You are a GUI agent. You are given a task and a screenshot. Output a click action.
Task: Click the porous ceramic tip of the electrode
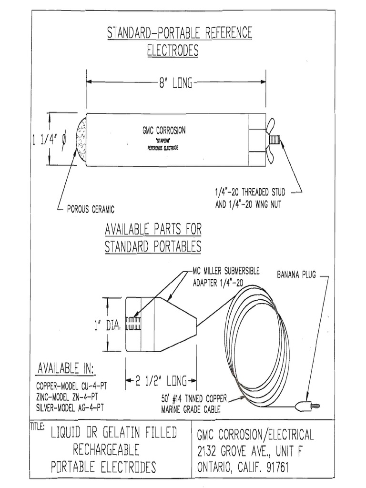click(x=81, y=140)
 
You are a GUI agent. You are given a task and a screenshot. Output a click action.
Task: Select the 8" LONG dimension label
click(x=175, y=83)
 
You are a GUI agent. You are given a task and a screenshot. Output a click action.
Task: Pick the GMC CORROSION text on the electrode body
click(x=164, y=130)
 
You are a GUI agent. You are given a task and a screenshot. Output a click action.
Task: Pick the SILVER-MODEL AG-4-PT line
click(x=69, y=407)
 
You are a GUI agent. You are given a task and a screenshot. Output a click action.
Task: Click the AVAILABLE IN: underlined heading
click(x=66, y=369)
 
